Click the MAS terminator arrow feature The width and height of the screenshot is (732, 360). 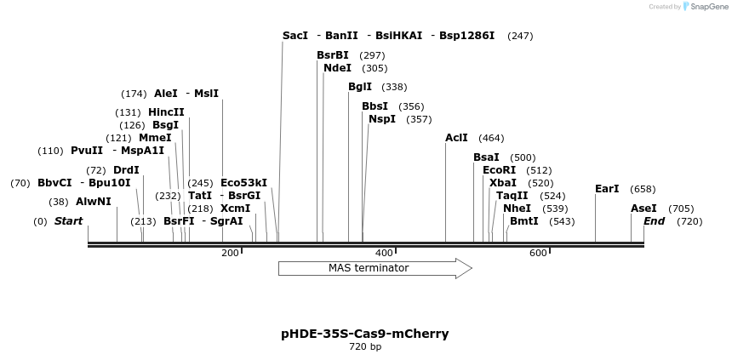[x=375, y=268]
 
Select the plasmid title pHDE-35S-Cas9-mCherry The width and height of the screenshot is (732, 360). [x=365, y=334]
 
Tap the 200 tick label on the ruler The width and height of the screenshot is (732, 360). [x=230, y=253]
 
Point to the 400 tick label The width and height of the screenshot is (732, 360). [x=384, y=253]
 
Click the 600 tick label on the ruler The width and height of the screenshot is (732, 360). [x=538, y=253]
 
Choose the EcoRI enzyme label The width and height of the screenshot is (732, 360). [x=500, y=170]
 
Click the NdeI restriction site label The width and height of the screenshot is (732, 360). [x=337, y=68]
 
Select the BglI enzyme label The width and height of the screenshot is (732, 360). [x=360, y=87]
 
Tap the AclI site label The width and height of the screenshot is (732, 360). [x=457, y=138]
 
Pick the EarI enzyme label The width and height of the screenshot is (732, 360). [x=607, y=189]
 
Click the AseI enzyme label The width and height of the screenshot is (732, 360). [x=644, y=209]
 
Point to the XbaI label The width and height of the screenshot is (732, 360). [x=503, y=183]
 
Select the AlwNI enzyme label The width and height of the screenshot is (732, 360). [x=94, y=202]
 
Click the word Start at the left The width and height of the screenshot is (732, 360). [x=68, y=221]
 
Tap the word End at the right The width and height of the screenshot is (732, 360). [x=654, y=221]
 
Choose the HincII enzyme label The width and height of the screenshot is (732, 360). [x=166, y=112]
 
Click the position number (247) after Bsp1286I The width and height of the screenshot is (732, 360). [x=520, y=37]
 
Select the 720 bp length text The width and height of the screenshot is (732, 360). [x=365, y=347]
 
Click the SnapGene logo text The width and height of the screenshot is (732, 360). [x=707, y=7]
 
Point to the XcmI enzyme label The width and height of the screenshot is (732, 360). [x=236, y=209]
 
